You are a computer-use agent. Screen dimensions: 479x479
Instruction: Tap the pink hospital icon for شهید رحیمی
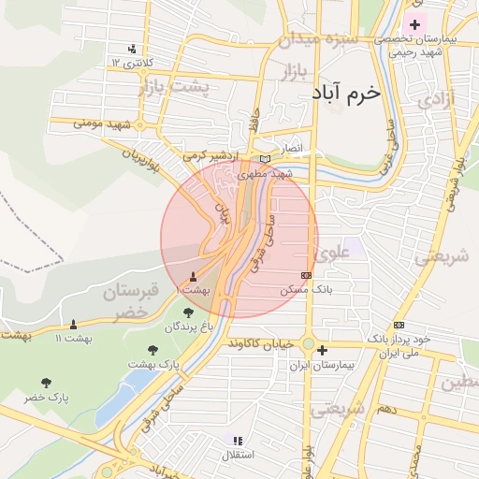[x=415, y=23]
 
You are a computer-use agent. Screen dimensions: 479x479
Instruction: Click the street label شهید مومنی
[x=102, y=123]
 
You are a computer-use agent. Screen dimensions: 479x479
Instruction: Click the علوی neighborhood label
[x=333, y=252]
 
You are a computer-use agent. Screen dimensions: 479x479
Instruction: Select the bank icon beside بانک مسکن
[x=307, y=275]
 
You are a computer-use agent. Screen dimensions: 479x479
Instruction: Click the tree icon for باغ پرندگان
[x=188, y=312]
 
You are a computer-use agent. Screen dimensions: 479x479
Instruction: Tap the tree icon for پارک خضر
[x=47, y=382]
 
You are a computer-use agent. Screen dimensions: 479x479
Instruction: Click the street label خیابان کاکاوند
[x=261, y=342]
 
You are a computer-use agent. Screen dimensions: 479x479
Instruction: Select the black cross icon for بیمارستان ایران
[x=322, y=351]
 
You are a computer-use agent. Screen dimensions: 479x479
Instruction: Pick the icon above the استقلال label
[x=237, y=440]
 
